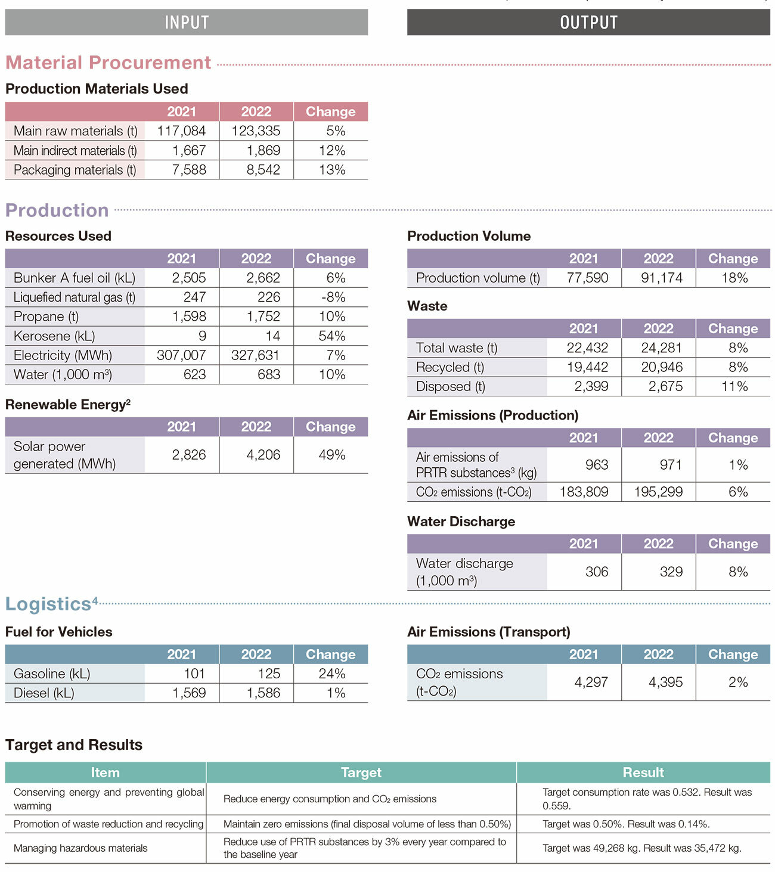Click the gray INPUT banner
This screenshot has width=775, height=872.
click(x=186, y=23)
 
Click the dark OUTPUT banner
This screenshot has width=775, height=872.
click(x=588, y=23)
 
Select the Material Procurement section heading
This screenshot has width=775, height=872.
click(x=108, y=63)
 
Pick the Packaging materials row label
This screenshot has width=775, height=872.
click(x=75, y=170)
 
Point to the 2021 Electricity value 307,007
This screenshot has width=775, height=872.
click(x=181, y=355)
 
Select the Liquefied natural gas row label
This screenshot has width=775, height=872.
click(x=75, y=297)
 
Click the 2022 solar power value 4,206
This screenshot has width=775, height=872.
click(x=263, y=455)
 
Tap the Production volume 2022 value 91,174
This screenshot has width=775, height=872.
click(x=661, y=278)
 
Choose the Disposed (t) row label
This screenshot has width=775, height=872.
click(x=451, y=387)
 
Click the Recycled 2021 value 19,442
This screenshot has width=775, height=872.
click(x=587, y=367)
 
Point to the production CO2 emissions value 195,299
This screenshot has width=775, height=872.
click(x=658, y=492)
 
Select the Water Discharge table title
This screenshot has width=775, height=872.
click(x=461, y=522)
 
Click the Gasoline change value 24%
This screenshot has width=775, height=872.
click(x=331, y=674)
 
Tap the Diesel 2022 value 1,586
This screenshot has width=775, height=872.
click(x=263, y=693)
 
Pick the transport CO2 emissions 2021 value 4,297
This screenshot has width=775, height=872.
click(x=591, y=682)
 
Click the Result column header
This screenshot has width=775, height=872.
click(x=643, y=772)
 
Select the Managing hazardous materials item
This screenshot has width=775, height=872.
click(x=80, y=848)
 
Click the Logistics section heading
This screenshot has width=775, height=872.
click(x=48, y=604)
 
